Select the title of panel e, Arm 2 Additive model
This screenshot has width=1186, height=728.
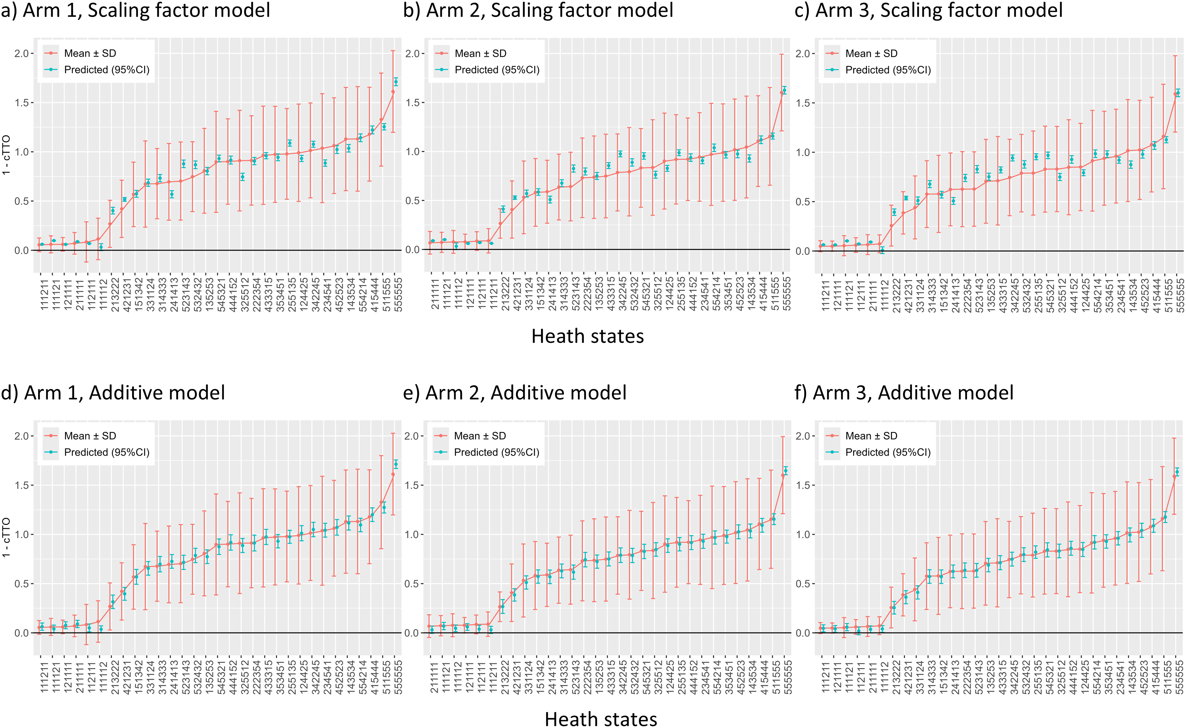point(515,393)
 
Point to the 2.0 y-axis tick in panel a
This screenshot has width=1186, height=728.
point(21,54)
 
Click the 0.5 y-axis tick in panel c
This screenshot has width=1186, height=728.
point(804,202)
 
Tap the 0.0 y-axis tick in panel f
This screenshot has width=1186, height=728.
point(804,633)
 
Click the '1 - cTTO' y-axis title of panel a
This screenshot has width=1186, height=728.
point(6,155)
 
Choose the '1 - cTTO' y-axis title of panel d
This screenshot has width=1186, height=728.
point(6,537)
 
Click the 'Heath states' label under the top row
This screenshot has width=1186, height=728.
point(587,336)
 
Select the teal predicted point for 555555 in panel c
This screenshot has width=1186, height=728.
point(1178,93)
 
